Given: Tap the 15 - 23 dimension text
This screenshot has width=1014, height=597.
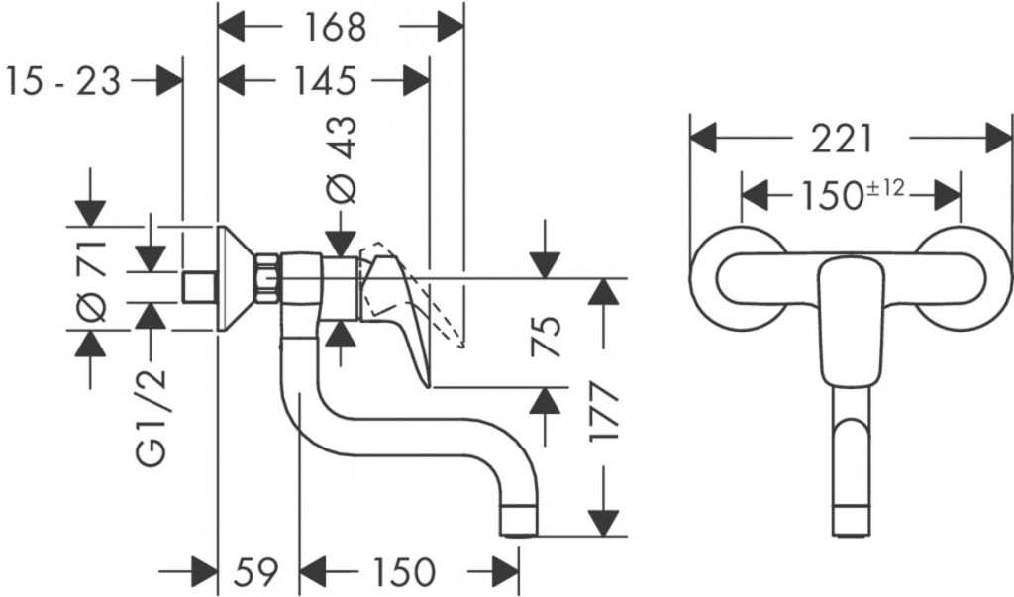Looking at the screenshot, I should point(62,80).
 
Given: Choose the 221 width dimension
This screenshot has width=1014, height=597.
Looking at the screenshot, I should point(843,139).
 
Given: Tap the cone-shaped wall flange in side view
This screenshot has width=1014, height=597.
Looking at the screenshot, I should point(235,277).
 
